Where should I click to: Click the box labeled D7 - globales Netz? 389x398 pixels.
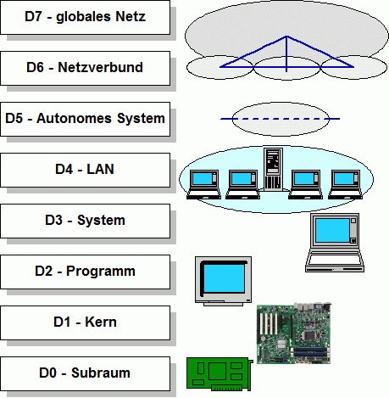point(85,17)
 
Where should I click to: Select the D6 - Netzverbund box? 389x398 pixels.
point(85,68)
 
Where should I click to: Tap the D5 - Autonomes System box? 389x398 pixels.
point(85,119)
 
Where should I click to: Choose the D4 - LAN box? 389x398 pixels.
point(85,170)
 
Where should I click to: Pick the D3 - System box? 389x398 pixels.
point(85,221)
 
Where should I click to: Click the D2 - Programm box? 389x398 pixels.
point(85,272)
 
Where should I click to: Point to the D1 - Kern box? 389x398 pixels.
point(85,322)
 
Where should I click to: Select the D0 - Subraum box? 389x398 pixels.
point(85,373)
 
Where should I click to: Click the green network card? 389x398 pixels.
point(220,374)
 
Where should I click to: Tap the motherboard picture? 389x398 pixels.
point(294,334)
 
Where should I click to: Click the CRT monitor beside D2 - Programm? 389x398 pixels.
point(223,281)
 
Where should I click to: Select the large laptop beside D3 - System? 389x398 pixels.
point(335,243)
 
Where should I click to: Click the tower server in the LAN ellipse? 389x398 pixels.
point(273,169)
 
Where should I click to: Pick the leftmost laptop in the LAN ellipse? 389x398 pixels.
point(203,184)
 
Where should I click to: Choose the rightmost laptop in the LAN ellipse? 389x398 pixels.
point(345,184)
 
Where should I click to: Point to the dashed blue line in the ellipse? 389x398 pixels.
point(281,119)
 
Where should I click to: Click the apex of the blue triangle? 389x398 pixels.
point(286,36)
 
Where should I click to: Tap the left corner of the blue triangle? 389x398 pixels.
point(220,67)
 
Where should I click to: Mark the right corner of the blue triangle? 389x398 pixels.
point(353,67)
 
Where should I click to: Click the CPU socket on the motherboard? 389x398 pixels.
point(308,335)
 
